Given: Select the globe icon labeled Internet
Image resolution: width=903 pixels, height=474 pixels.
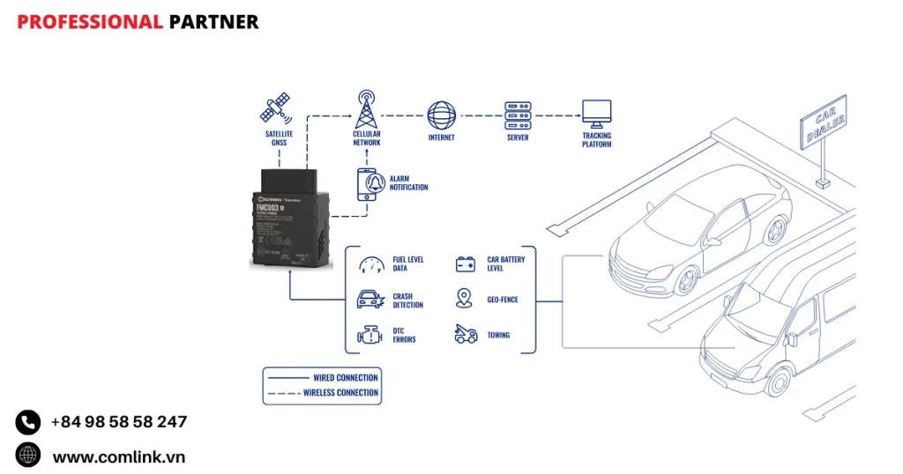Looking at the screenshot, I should tap(442, 116).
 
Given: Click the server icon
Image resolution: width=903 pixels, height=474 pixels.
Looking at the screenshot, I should tap(518, 115).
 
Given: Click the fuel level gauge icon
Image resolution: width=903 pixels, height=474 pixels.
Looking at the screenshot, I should tap(371, 263).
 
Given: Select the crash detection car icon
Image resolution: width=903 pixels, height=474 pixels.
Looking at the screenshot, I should tap(370, 300).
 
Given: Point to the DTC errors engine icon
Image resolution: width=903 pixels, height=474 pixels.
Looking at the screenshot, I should tap(369, 335).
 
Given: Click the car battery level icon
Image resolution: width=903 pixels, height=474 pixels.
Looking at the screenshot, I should tap(466, 263).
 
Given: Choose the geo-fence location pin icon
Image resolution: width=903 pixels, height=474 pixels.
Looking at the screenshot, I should tap(465, 299).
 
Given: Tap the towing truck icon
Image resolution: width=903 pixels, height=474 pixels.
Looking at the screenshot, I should tap(466, 335).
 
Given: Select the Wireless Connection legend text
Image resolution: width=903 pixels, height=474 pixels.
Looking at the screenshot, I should tap(340, 393).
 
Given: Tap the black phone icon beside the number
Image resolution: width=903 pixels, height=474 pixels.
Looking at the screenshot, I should tap(28, 423).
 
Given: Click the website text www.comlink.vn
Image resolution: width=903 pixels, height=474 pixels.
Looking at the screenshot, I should tap(119, 456).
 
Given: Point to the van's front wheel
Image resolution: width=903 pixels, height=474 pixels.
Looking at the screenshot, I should tap(778, 381).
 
